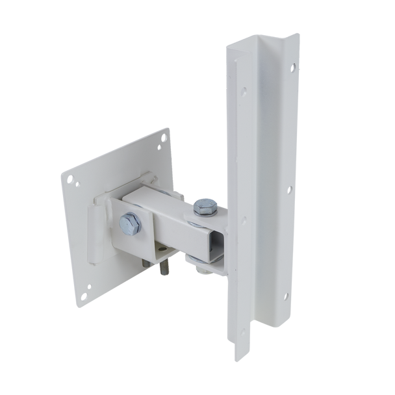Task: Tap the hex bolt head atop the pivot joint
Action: coord(205,207)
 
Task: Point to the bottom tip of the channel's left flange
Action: coord(240,359)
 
